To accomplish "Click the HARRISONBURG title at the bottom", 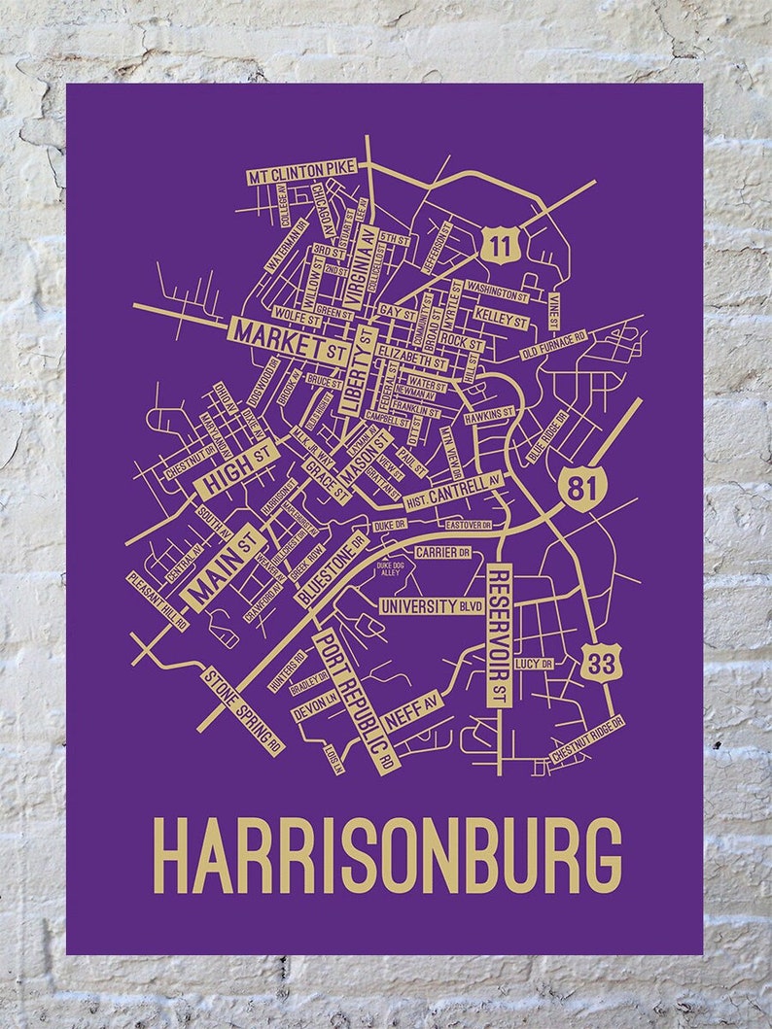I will pyautogui.click(x=387, y=854).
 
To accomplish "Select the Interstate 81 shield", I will pyautogui.click(x=582, y=489).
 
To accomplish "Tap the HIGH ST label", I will pyautogui.click(x=236, y=468).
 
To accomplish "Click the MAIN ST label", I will pyautogui.click(x=223, y=567).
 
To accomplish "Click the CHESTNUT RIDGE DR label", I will pyautogui.click(x=586, y=742).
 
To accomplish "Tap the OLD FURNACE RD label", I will pyautogui.click(x=554, y=344).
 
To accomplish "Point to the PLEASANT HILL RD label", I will pyautogui.click(x=158, y=600).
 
